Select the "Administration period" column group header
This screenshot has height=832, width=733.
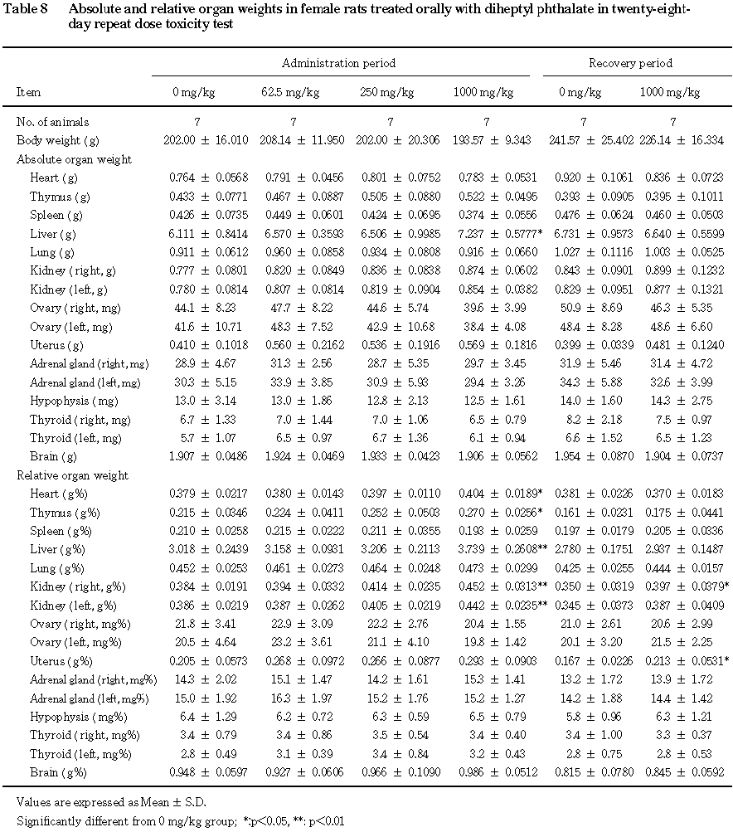(338, 63)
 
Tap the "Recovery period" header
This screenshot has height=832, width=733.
(630, 63)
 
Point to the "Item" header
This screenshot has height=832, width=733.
(28, 92)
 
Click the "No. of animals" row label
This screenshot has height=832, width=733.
(52, 122)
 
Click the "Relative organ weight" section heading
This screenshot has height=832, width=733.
(72, 475)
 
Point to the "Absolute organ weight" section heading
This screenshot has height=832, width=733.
(74, 159)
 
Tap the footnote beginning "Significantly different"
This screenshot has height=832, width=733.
(180, 821)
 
